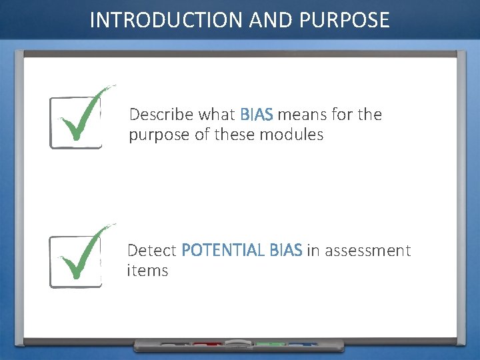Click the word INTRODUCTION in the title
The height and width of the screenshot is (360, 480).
click(x=167, y=20)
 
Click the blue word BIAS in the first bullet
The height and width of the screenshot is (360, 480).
click(x=257, y=115)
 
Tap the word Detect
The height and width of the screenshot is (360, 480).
click(x=152, y=251)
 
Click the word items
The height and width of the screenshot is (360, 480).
click(x=147, y=271)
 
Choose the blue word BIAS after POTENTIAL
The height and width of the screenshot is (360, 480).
click(x=285, y=251)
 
